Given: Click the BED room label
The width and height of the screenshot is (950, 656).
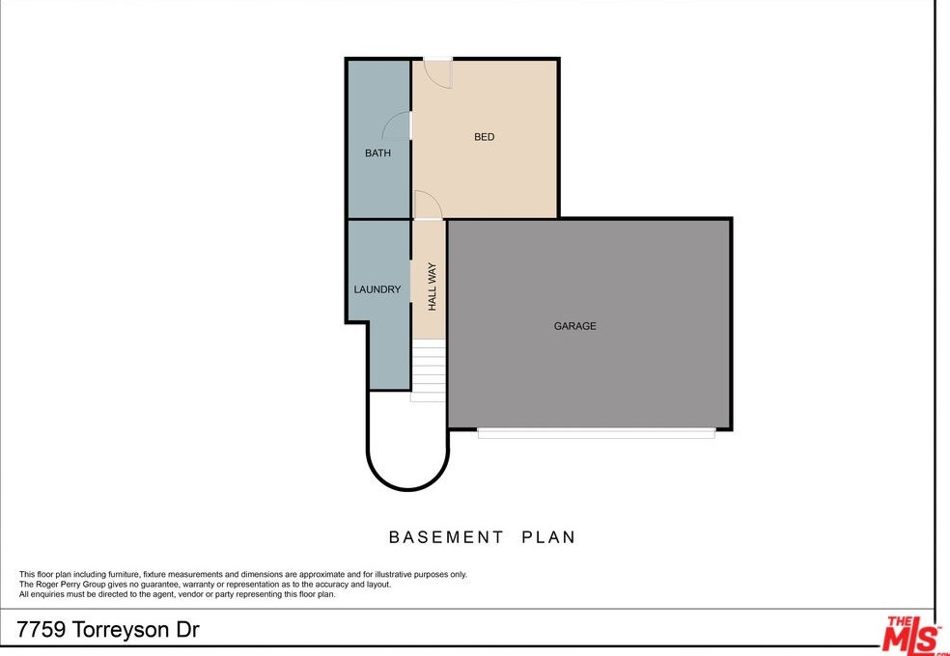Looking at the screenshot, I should (484, 137).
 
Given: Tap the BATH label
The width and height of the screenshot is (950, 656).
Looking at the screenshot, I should (377, 153).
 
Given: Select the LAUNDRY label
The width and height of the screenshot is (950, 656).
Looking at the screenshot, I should (377, 289).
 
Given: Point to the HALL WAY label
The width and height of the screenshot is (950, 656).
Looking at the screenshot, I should (433, 287).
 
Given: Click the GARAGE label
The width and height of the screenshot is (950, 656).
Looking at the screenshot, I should (574, 326).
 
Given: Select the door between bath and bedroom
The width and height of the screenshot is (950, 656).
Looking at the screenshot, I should (397, 125).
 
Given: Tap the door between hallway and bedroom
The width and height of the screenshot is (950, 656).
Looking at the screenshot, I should (427, 204).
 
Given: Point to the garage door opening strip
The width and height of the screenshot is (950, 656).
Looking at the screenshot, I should (596, 434).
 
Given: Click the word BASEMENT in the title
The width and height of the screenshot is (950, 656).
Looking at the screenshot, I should (446, 537).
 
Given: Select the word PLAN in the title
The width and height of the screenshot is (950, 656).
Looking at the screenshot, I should (548, 537).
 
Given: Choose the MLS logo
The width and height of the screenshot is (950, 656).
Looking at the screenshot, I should (912, 635).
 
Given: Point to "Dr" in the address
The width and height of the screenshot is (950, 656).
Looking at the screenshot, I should (187, 630).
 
